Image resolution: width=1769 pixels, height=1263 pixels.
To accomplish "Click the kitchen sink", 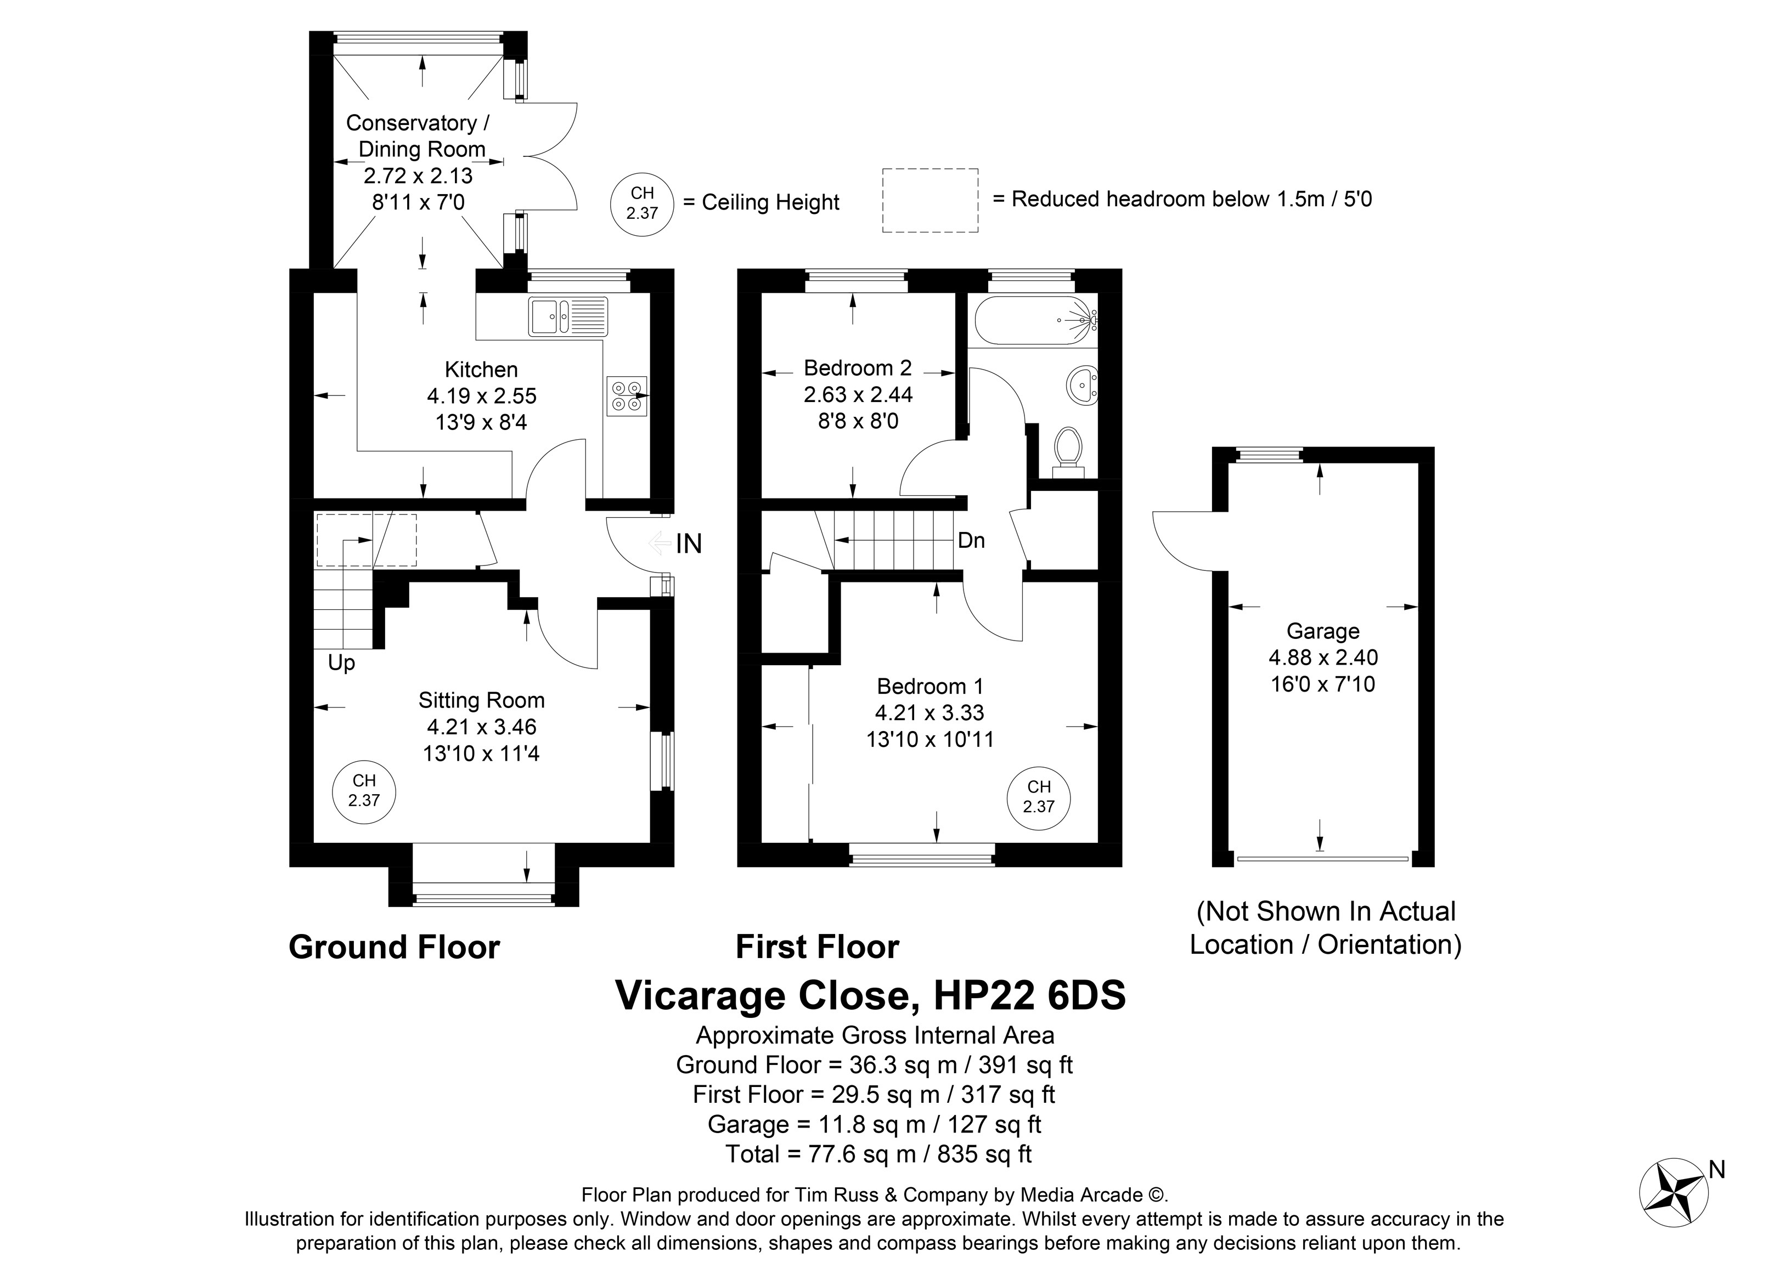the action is [568, 316].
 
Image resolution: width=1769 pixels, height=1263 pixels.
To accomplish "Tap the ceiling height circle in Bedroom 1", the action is [1039, 798].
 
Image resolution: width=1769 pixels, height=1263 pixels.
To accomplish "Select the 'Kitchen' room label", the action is [481, 370].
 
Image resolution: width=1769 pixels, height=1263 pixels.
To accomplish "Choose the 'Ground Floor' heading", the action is [395, 947].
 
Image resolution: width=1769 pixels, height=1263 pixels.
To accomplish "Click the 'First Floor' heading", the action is [818, 947].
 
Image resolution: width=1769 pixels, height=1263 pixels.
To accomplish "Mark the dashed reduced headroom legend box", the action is [931, 201].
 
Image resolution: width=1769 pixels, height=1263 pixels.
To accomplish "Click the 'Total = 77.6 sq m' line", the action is [820, 1153].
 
